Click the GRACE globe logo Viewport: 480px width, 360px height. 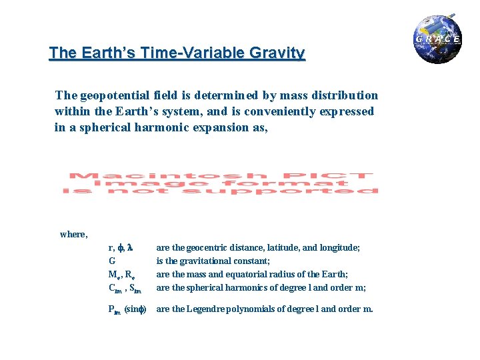click(437, 39)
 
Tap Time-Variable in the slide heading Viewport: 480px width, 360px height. click(189, 53)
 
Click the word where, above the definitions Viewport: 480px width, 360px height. click(73, 234)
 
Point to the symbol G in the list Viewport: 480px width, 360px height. click(111, 261)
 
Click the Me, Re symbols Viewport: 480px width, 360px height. click(123, 275)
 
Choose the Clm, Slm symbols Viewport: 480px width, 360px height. click(125, 289)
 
